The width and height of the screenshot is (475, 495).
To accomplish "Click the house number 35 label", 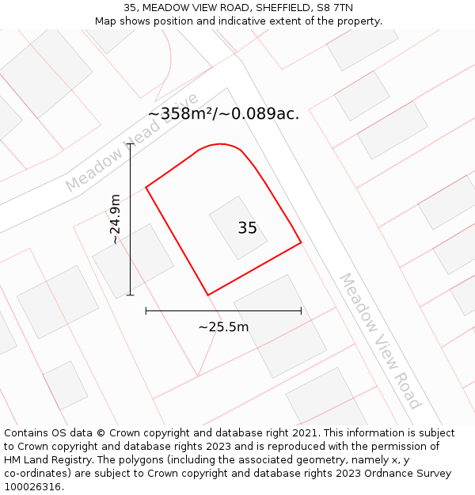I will tap(247, 228).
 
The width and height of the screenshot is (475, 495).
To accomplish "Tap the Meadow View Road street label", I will tap(380, 341).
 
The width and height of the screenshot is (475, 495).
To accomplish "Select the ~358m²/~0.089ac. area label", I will tap(223, 114).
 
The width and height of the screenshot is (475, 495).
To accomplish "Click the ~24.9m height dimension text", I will tap(116, 219).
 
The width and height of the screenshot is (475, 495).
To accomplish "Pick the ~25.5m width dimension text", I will tap(223, 327).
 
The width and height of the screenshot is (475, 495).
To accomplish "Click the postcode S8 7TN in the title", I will tap(336, 8).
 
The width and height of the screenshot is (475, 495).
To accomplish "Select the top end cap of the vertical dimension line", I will tap(131, 144).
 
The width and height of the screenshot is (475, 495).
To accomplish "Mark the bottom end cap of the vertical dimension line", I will tap(131, 295).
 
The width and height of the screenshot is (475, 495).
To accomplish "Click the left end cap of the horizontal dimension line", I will tap(146, 311).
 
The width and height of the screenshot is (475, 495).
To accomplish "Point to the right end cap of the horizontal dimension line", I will tap(301, 311).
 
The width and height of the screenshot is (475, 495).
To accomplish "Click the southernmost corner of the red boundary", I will tap(207, 295).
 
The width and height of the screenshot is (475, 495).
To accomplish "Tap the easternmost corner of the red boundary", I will tap(301, 242).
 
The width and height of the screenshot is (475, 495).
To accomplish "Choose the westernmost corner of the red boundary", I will tap(146, 188).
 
